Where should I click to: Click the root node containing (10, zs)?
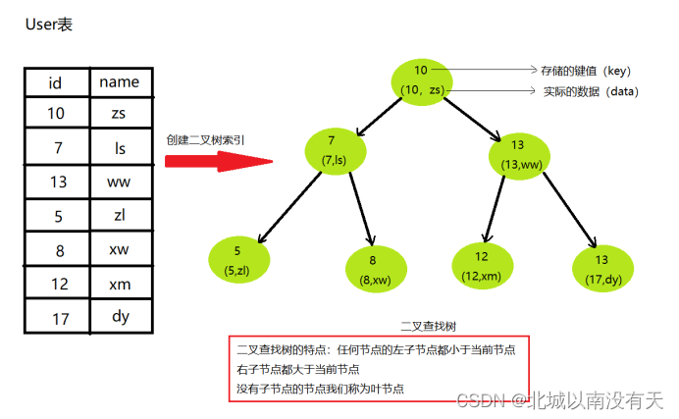423,80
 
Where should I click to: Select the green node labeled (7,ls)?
334,150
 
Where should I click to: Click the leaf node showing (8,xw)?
376,270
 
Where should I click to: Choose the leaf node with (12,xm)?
482,264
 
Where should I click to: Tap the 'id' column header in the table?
56,82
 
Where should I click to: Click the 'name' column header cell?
120,82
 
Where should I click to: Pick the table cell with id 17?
56,317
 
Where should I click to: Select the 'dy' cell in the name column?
120,317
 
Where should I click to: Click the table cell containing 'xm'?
120,283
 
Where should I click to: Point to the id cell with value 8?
56,250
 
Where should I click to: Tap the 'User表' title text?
48,25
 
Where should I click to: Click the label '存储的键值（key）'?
586,71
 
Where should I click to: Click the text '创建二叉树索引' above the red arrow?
205,140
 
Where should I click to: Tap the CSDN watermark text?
559,400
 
